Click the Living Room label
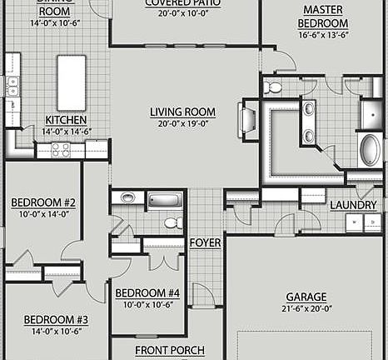[x=182, y=112]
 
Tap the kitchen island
[x=72, y=82]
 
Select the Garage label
[x=306, y=297]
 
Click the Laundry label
[x=353, y=205]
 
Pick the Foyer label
[x=205, y=242]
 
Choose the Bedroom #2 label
[x=43, y=202]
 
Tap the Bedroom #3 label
[x=56, y=319]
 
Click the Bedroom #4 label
[x=147, y=292]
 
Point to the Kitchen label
[x=66, y=120]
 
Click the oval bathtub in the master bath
[x=369, y=150]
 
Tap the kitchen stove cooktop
[x=61, y=150]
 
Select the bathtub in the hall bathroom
[x=165, y=201]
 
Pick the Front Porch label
[x=170, y=351]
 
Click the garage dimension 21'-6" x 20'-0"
[x=306, y=308]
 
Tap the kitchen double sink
[x=12, y=87]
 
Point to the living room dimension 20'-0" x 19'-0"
[x=182, y=123]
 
